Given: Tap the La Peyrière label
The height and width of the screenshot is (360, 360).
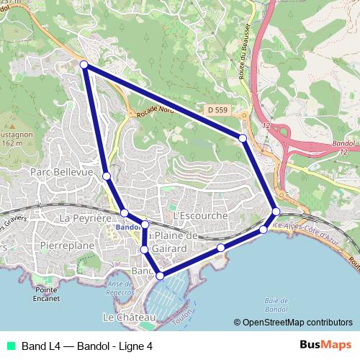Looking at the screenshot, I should coord(85,217).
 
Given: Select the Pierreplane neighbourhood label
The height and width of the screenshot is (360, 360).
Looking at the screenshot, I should coord(67,246).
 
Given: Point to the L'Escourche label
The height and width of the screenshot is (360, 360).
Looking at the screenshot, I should coord(200,215).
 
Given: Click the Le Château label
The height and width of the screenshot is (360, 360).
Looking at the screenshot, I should coord(129,318).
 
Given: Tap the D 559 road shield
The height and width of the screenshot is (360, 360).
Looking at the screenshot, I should coord(217,110).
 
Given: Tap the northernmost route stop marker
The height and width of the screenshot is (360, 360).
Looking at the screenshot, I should coord(84,65).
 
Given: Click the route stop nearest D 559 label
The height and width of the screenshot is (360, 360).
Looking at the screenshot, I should coord(243,138).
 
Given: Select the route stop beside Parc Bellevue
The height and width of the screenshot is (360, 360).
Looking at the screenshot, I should coord(107,176).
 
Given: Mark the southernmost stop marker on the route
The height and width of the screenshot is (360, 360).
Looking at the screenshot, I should coord(160,275).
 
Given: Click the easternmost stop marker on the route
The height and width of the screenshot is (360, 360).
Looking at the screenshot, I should coord(276,211).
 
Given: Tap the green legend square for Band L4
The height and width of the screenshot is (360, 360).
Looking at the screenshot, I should coord(12,346).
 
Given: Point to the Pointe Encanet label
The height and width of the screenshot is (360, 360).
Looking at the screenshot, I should coord(46,293).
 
